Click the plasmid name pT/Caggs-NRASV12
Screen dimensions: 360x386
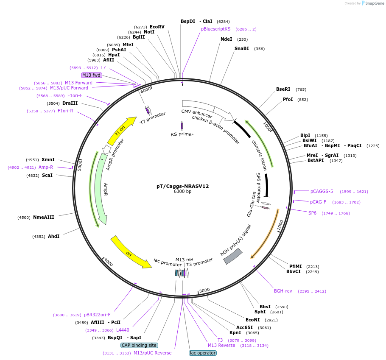pos(182,186)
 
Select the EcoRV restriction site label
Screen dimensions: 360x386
pos(157,27)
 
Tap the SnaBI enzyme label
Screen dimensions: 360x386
pos(242,48)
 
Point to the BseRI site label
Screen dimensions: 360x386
pos(283,89)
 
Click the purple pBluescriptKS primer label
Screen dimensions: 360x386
pos(215,29)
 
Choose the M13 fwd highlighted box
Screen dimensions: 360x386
pos(92,75)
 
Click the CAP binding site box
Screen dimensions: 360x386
pos(140,345)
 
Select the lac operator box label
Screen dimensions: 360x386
pos(203,353)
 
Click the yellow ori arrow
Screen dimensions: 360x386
pos(130,253)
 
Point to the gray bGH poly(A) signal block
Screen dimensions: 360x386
pos(232,256)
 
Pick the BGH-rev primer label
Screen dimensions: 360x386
pos(283,291)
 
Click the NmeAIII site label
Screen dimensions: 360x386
pos(44,217)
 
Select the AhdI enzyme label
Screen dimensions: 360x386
pos(53,236)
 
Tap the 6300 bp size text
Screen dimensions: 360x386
pos(182,192)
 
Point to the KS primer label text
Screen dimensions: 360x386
pos(182,134)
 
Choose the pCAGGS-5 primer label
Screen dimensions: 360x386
pos(322,191)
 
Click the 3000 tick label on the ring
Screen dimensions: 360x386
pos(204,290)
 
